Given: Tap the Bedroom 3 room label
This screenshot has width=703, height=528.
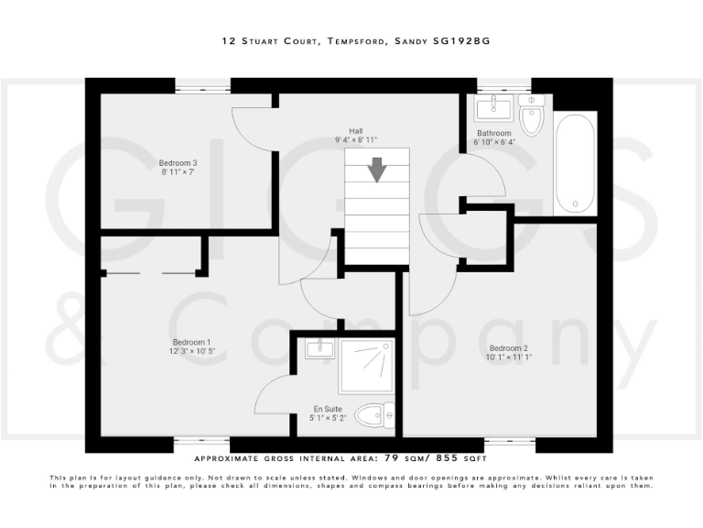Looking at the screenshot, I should coord(178,163).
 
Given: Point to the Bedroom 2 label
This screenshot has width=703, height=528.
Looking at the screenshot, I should coord(509,348).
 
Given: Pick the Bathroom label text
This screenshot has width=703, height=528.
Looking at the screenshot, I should coord(494,133).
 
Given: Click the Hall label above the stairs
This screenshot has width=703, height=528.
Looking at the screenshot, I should coord(355,131).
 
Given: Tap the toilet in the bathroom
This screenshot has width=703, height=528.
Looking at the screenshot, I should coord(531,116).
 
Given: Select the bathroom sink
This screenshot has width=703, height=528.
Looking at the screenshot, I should coord(494,109).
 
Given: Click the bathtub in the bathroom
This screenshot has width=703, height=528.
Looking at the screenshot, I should coord(576,163).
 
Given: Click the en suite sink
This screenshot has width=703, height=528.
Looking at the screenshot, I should coord(318,347).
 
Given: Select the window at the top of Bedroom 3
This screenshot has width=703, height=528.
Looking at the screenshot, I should coord(202,87).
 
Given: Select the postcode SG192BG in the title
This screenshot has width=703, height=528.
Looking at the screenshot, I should coord(472,40).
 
